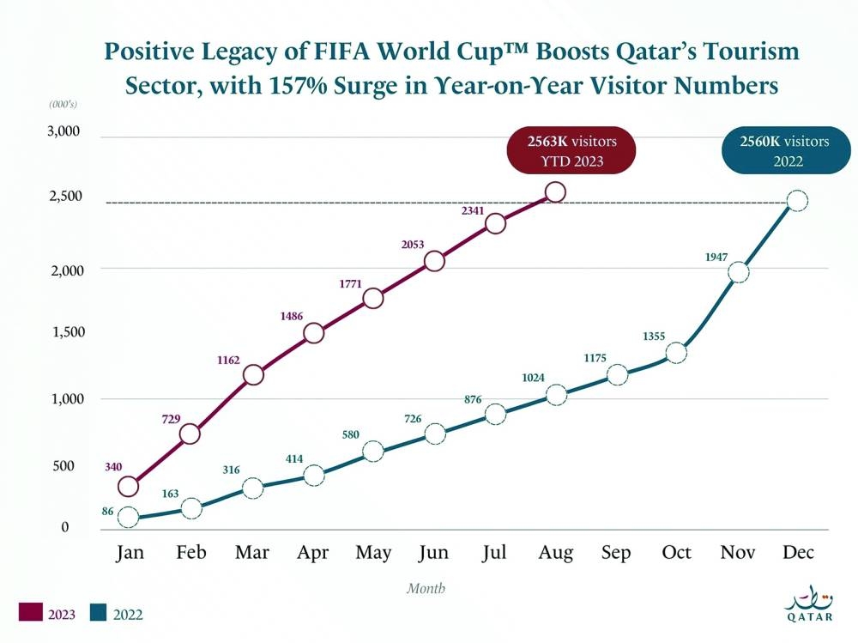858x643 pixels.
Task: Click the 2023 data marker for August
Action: pos(555,192)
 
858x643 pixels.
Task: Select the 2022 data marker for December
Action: pos(796,201)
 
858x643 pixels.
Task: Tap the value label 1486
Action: pos(292,317)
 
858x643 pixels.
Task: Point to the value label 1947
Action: pos(716,257)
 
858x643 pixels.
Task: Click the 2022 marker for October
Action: pos(676,353)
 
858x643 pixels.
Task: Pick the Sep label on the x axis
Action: pos(616,552)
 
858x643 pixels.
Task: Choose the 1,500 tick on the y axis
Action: pos(62,332)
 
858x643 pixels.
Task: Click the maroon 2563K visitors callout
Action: pos(571,150)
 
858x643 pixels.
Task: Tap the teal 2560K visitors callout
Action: pos(784,150)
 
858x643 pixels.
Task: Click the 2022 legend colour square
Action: pos(99,614)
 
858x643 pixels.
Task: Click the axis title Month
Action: pos(426,589)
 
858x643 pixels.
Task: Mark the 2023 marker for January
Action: pos(128,487)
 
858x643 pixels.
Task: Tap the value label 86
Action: pos(83,511)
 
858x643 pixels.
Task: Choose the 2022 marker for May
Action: pos(372,452)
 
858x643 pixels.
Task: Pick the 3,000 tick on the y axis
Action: pos(62,132)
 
